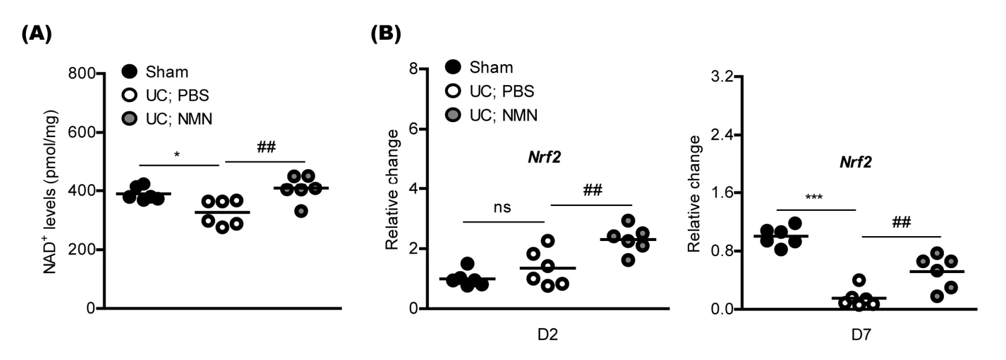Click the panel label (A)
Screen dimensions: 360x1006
tap(37, 33)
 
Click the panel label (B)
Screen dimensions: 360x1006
tap(385, 33)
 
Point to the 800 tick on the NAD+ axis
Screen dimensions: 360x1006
tap(82, 74)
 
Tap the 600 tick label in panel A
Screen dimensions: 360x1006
tap(82, 132)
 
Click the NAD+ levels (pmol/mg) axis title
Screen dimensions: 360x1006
tap(51, 192)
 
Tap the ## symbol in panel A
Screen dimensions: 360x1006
tap(266, 147)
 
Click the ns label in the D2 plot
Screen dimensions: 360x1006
tap(502, 208)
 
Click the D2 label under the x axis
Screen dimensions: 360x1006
tap(547, 334)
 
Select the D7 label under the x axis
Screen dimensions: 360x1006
tap(861, 334)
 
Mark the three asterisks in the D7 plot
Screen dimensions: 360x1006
tap(813, 198)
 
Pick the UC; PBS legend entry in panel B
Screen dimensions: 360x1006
tap(501, 91)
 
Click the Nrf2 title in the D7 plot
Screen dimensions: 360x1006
tap(856, 162)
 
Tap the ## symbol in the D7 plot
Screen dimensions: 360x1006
tap(901, 222)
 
